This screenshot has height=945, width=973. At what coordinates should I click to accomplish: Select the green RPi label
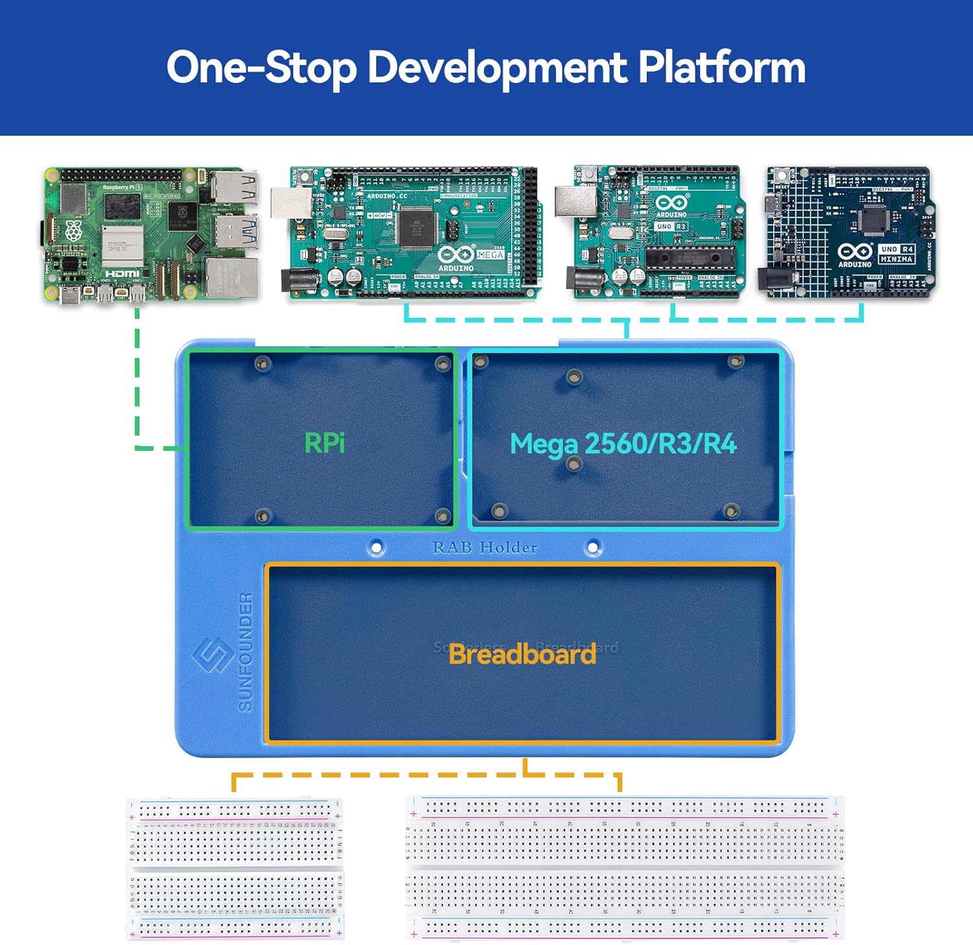(324, 443)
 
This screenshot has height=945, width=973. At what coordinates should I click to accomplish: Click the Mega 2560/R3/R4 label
(623, 444)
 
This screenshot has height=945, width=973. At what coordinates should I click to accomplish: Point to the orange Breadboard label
(522, 654)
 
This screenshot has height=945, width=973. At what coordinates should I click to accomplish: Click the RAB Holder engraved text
(485, 547)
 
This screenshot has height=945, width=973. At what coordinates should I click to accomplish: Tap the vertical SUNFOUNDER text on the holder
(246, 652)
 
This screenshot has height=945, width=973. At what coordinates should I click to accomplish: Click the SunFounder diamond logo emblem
(213, 655)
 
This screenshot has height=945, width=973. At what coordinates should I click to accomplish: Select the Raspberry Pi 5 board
(151, 235)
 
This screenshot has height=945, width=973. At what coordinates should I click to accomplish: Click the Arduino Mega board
(414, 232)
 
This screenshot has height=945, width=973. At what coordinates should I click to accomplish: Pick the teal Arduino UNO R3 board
(656, 232)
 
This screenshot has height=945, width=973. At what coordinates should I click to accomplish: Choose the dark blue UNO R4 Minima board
(850, 232)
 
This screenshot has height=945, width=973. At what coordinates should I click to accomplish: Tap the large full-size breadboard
(625, 868)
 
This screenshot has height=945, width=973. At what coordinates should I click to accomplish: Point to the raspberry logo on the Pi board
(74, 230)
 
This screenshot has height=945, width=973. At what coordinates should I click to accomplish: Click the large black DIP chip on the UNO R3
(690, 257)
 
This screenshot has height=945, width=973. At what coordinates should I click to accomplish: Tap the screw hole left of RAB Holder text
(376, 547)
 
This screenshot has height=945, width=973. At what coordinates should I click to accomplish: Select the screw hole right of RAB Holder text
(592, 547)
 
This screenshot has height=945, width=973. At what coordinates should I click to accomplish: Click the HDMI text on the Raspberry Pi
(123, 274)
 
